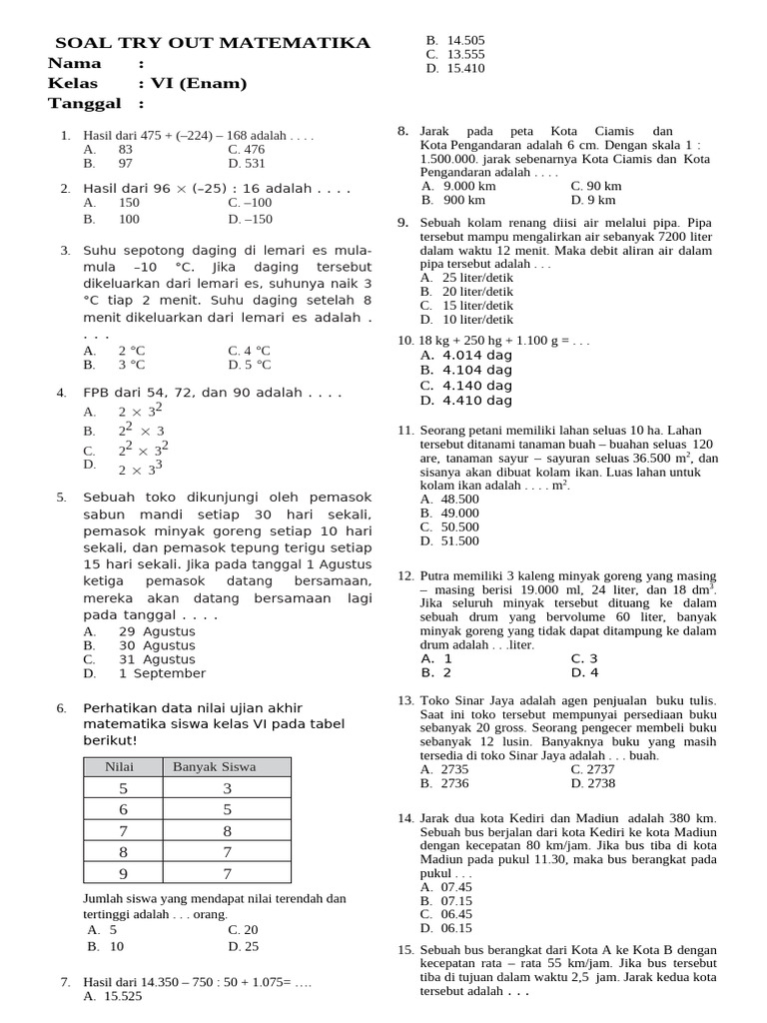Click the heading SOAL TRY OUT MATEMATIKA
point(212,43)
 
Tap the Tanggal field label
point(85,103)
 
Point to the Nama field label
point(75,63)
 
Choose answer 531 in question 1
point(247,163)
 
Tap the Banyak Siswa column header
point(214,766)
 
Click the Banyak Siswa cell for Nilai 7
point(227,830)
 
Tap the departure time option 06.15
point(456,928)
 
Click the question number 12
point(405,575)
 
